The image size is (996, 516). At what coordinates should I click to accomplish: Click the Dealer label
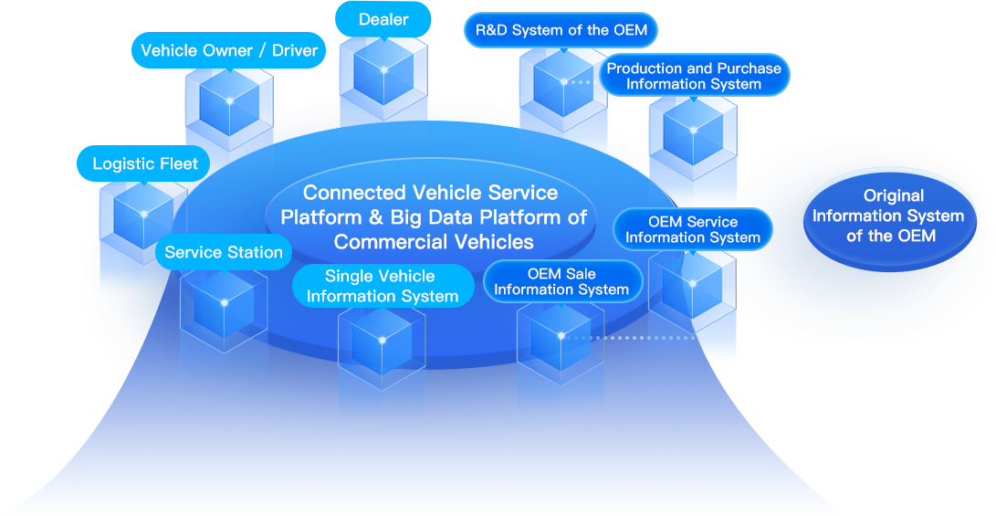coord(383,19)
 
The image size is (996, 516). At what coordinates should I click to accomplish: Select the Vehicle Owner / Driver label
coord(229,50)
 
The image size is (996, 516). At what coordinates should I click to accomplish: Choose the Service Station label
coord(224,252)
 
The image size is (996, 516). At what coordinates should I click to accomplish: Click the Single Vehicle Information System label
coord(383,286)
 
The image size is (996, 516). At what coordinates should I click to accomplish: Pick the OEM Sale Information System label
coord(561,281)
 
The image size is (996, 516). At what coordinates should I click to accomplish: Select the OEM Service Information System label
coord(692,229)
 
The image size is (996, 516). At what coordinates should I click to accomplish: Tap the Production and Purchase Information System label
coord(694,76)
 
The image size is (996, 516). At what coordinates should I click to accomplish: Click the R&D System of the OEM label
coord(561,30)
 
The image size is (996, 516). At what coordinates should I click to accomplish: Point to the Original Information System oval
coord(887,216)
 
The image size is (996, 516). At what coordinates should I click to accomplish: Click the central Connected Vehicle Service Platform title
coord(431,217)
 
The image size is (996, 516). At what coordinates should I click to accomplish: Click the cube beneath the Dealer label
coord(383,71)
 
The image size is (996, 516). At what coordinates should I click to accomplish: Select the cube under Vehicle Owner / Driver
coord(229,100)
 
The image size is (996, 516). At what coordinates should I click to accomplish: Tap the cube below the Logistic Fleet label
coord(143,215)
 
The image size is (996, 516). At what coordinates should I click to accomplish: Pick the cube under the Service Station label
coord(224,302)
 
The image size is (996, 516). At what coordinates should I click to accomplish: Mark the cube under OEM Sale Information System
coord(561,336)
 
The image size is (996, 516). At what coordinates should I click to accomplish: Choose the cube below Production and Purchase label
coord(693,131)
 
